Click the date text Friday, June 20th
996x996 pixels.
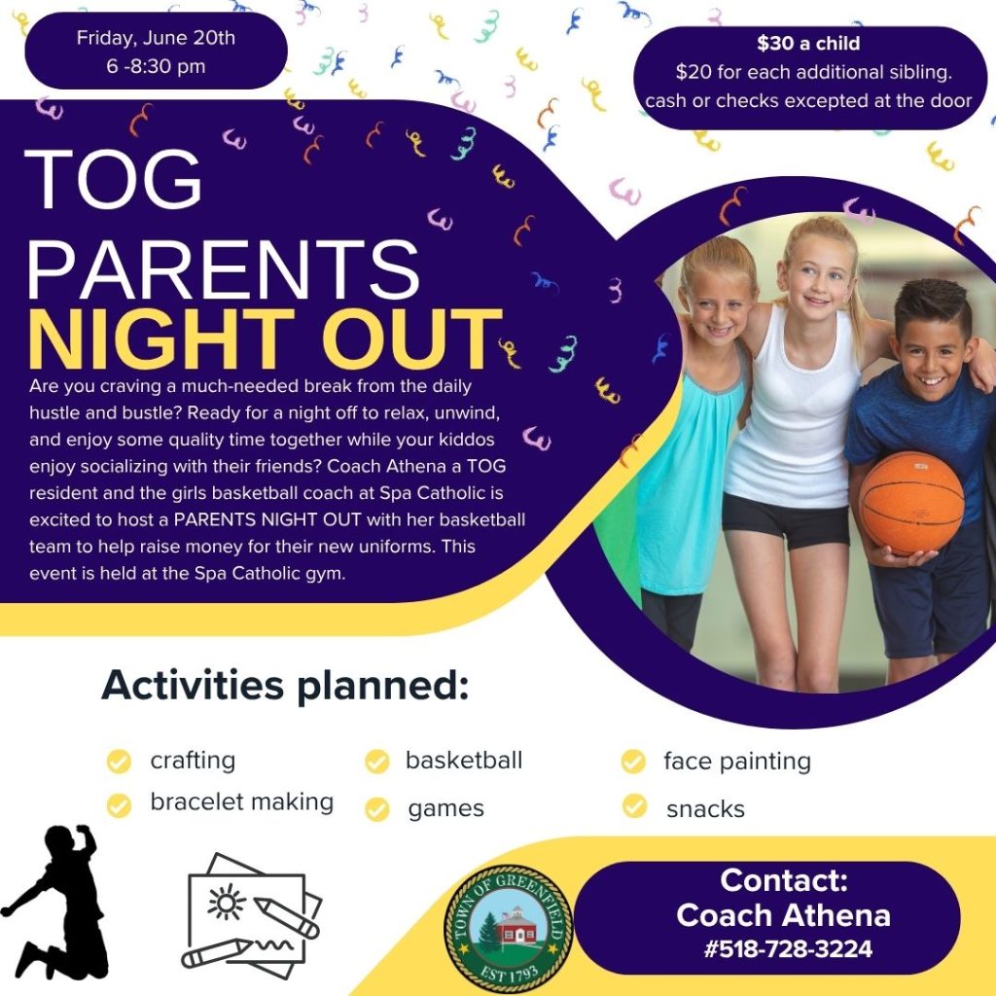point(156,38)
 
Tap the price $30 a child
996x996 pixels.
point(808,43)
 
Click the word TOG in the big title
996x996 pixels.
point(113,179)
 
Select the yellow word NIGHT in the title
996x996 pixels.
point(161,338)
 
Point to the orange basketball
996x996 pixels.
point(910,503)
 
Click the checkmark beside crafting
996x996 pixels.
point(119,761)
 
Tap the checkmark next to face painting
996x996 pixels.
point(633,761)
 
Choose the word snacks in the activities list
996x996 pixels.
point(705,809)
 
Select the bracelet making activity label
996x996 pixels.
point(241,801)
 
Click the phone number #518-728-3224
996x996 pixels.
point(788,949)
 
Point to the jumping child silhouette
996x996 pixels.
point(55,902)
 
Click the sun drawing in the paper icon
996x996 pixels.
point(226,902)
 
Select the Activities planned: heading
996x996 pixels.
point(285,685)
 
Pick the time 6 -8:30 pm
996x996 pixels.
point(156,66)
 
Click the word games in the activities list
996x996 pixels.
point(445,809)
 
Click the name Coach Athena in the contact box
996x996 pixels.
point(783,915)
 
